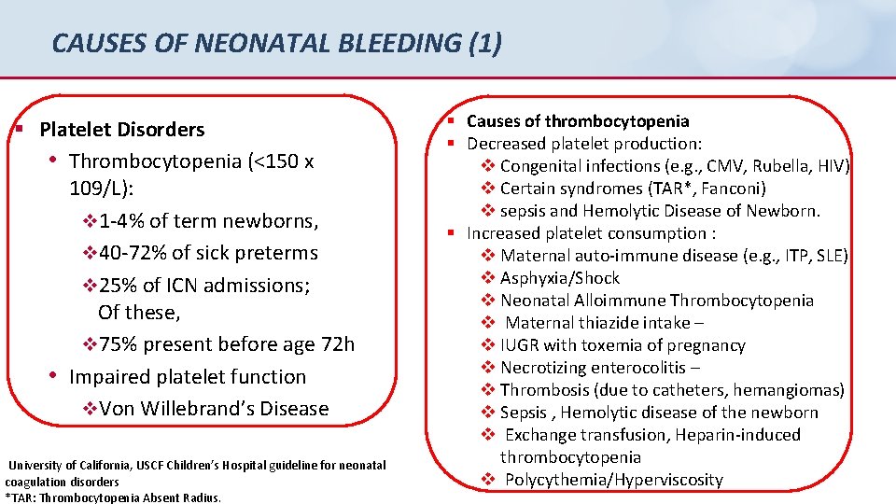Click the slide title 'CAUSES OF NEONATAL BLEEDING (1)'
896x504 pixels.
point(276,43)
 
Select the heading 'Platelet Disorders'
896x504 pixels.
point(121,130)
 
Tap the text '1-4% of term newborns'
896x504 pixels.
point(208,221)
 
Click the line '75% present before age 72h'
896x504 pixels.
point(227,344)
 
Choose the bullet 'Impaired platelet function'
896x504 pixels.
point(188,377)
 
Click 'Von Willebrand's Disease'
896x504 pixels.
point(214,409)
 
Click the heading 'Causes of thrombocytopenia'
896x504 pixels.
point(578,121)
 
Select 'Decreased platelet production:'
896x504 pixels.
point(584,144)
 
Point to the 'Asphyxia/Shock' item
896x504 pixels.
point(560,278)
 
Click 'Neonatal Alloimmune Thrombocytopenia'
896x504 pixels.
point(657,301)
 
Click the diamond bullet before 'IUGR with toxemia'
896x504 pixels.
point(488,345)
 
